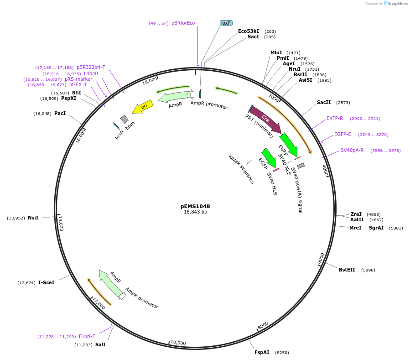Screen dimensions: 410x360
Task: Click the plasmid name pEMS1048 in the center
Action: pyautogui.click(x=195, y=206)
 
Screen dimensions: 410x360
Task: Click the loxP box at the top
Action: pyautogui.click(x=226, y=23)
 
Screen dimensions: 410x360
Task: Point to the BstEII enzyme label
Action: pyautogui.click(x=347, y=270)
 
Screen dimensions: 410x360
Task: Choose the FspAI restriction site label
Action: pyautogui.click(x=262, y=352)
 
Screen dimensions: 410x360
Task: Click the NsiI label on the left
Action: pyautogui.click(x=33, y=218)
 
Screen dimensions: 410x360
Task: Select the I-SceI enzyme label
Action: pyautogui.click(x=46, y=283)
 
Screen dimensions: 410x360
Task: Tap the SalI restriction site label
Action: pyautogui.click(x=100, y=345)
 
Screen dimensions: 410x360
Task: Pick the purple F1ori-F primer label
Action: pyautogui.click(x=87, y=337)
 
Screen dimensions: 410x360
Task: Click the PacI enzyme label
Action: pyautogui.click(x=60, y=114)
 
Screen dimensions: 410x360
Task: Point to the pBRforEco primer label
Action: pyautogui.click(x=183, y=23)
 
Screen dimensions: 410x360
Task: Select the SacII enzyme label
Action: pyautogui.click(x=324, y=103)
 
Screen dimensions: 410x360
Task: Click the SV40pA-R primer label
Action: pyautogui.click(x=352, y=151)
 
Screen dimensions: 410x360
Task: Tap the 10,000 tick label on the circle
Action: pyautogui.click(x=178, y=343)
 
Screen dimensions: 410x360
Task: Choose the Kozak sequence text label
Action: pyautogui.click(x=241, y=169)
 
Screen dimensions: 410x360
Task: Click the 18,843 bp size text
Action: pyautogui.click(x=195, y=212)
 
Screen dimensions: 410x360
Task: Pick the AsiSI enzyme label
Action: pyautogui.click(x=306, y=80)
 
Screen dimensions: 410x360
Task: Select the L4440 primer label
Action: pyautogui.click(x=91, y=73)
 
